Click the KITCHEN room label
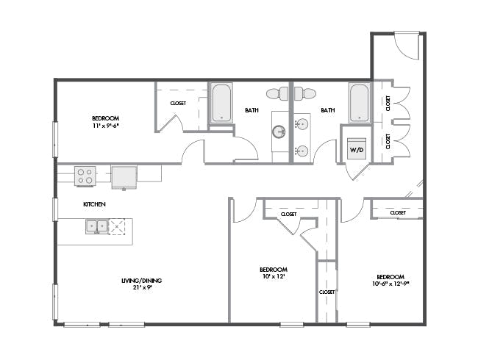[x=94, y=204]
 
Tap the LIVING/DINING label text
[x=142, y=280]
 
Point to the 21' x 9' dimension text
[x=142, y=287]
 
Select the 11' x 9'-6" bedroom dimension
[x=106, y=126]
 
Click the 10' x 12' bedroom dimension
[x=274, y=277]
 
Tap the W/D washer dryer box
[x=356, y=149]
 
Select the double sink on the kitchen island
[x=97, y=226]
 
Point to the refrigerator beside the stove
[x=124, y=176]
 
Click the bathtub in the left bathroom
[x=221, y=103]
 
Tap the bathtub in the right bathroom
[x=358, y=103]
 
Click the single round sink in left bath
[x=279, y=132]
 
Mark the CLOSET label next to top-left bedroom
[x=178, y=104]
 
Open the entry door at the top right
[x=405, y=46]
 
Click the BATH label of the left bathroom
[x=252, y=110]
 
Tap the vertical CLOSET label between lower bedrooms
[x=326, y=292]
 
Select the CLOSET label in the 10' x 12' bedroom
[x=288, y=214]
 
